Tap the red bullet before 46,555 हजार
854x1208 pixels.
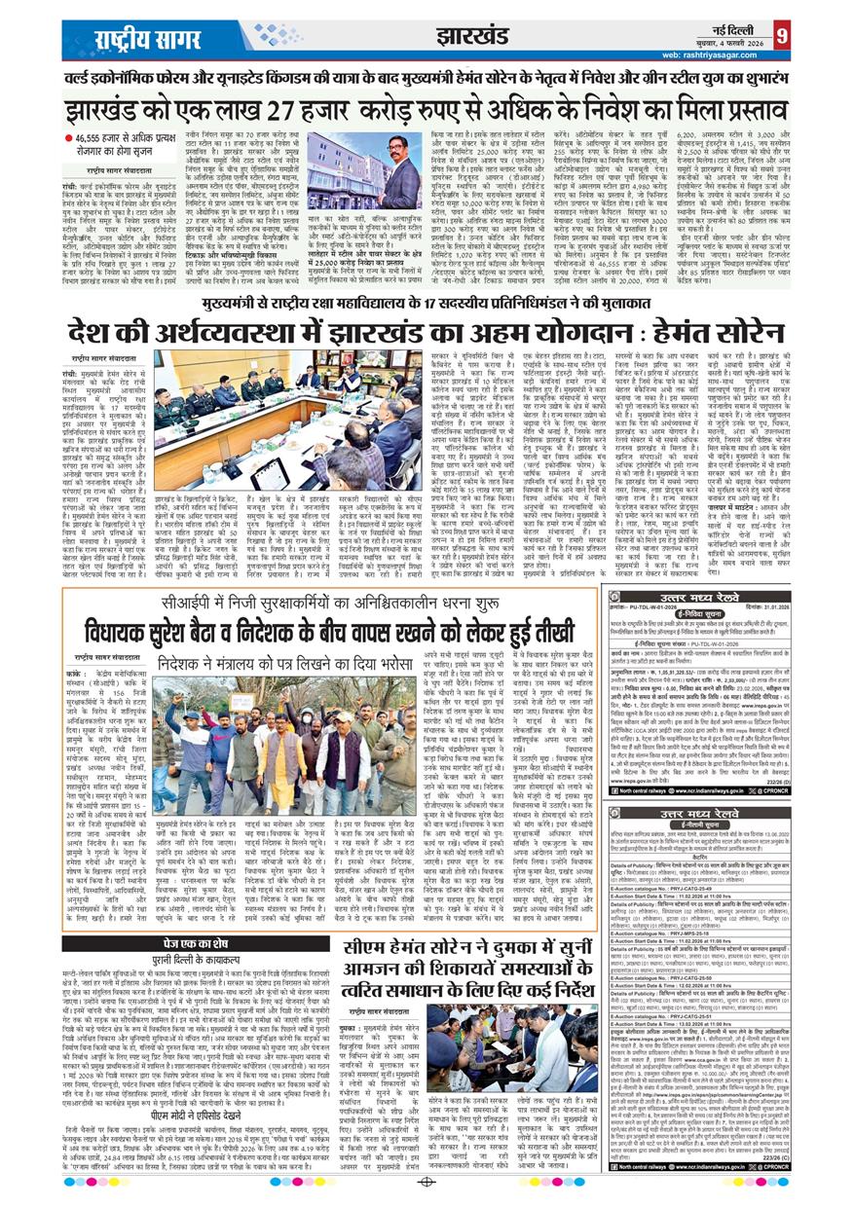68,135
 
